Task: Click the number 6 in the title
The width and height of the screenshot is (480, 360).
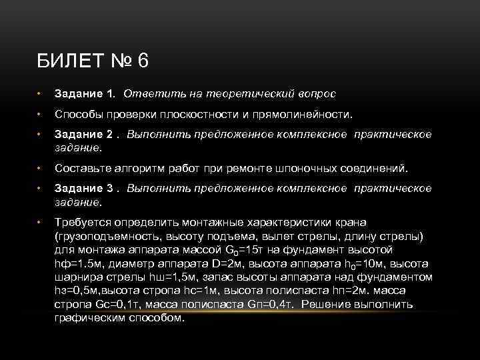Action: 143,62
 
